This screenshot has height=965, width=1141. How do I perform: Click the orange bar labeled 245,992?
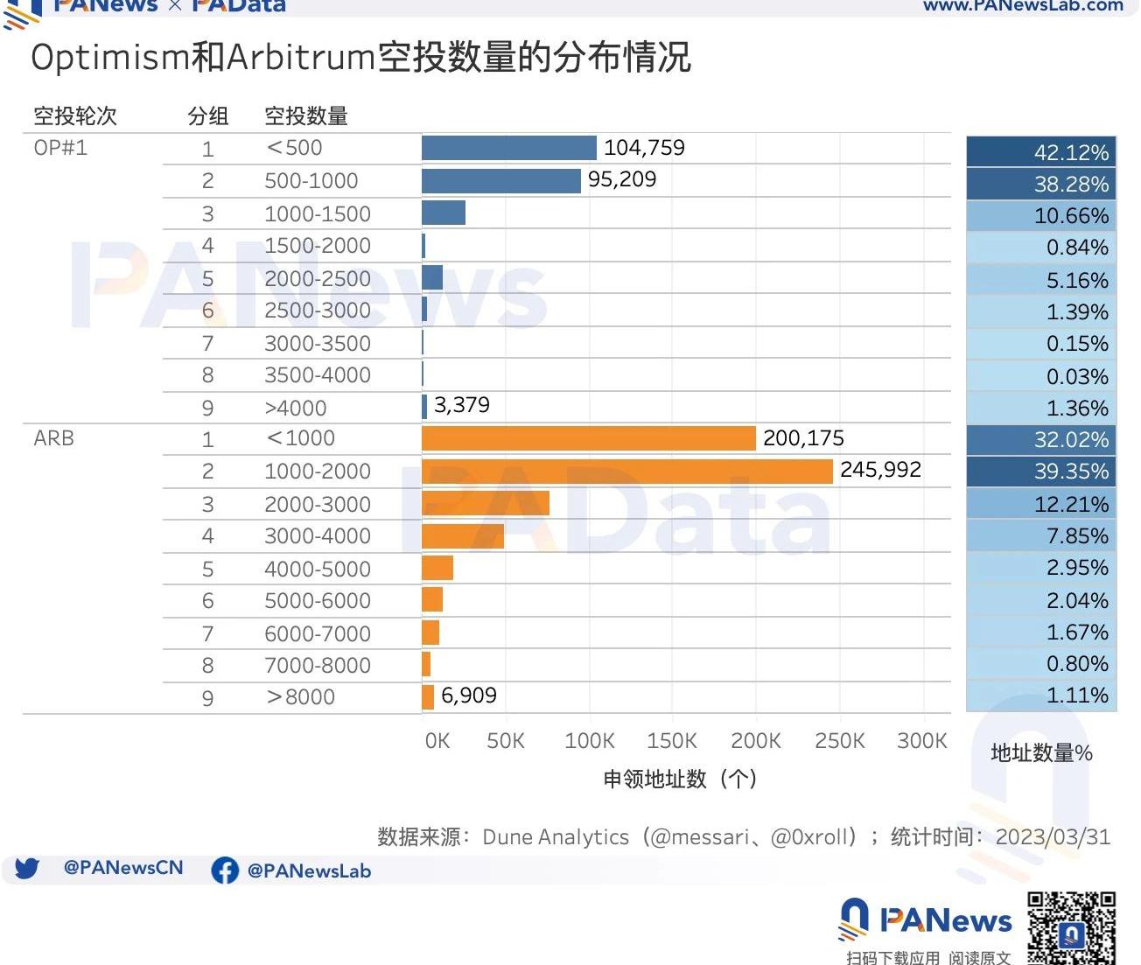pos(626,472)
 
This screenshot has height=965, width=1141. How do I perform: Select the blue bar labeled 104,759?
pos(508,148)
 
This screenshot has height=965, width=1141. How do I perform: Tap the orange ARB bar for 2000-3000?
pos(486,503)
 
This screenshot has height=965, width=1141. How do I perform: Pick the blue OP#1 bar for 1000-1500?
pos(444,213)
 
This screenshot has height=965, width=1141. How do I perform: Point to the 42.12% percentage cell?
pos(1041,152)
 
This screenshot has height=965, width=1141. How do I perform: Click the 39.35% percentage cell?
pos(1041,472)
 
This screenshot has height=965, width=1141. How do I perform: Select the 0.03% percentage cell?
pos(1041,376)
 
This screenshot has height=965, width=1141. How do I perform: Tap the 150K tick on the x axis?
pos(672,741)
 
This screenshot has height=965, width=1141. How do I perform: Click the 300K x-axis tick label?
pos(922,741)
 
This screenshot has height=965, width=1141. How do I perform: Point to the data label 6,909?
pos(469,696)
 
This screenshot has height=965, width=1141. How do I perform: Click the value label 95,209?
pos(622,179)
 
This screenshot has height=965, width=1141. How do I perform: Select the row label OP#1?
pos(60,148)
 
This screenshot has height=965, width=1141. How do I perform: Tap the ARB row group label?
pos(53,438)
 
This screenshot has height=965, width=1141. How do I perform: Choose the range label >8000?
pos(300,697)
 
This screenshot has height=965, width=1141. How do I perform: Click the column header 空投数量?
pos(306,115)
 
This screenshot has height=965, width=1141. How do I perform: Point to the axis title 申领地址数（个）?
pos(680,779)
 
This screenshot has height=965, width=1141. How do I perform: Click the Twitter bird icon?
pos(27,869)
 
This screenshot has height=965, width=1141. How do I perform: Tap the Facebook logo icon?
pos(225,871)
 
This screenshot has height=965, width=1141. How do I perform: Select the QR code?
pos(1071,928)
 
